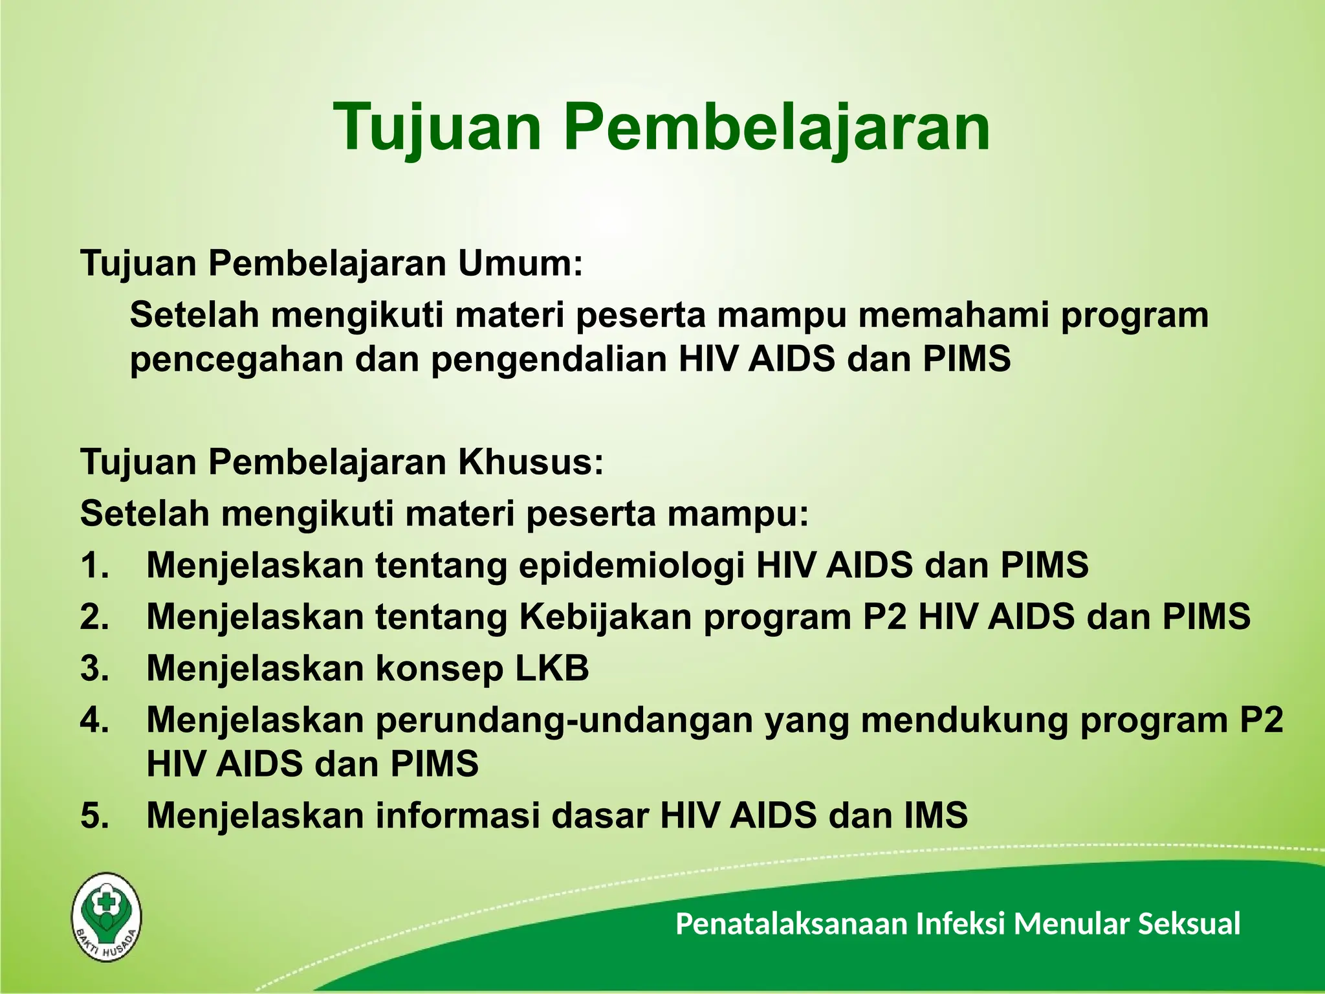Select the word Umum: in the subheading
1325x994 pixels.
click(520, 264)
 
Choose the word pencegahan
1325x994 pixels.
click(236, 360)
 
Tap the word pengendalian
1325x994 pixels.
click(549, 360)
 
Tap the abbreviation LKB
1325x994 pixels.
click(552, 668)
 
